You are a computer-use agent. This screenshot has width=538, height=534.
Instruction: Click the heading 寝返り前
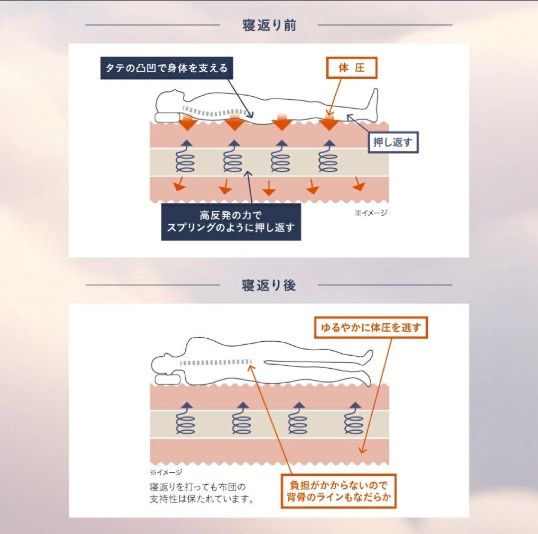point(269,25)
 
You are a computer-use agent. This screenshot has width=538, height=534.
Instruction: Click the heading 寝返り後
point(269,285)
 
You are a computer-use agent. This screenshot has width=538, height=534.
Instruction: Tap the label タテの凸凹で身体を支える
point(167,68)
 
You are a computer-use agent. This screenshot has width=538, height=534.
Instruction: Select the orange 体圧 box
point(351,68)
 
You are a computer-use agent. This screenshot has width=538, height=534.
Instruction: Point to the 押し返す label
point(393,142)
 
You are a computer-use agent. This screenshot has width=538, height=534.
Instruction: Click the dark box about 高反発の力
point(231,222)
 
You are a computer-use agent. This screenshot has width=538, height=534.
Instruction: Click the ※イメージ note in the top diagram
point(371,213)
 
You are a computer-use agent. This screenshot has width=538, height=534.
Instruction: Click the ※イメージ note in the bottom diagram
point(166,472)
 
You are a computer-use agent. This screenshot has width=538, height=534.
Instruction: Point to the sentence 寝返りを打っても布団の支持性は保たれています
point(202,492)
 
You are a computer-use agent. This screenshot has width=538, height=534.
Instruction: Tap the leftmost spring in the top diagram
point(185,159)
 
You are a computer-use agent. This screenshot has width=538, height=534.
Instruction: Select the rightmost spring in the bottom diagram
point(354,420)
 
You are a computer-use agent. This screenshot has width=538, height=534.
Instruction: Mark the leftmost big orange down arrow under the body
point(188,122)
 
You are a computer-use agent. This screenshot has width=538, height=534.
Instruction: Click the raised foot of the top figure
point(373,100)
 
